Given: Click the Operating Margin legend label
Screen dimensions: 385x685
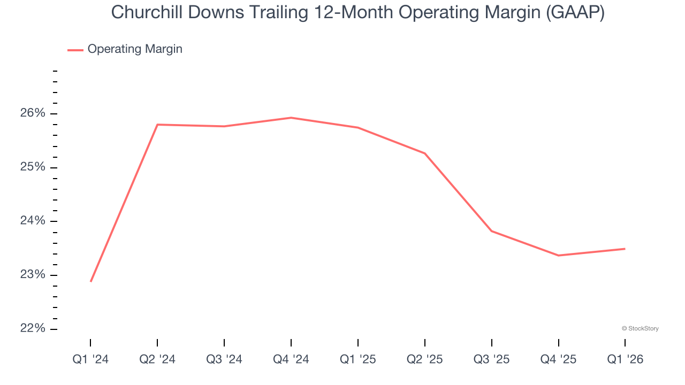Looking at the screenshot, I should click(x=135, y=49).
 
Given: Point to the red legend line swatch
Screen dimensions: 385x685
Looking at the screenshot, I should click(x=75, y=50).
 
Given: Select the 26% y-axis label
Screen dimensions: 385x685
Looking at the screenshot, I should click(x=33, y=113).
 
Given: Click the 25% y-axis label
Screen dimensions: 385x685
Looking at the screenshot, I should click(x=33, y=167).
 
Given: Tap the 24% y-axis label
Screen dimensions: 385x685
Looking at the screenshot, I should click(x=33, y=221).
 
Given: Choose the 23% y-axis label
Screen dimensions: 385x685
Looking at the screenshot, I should click(x=33, y=275).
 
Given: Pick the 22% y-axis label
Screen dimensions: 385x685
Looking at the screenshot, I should click(x=33, y=328).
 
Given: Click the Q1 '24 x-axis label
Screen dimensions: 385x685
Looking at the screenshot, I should click(x=90, y=360).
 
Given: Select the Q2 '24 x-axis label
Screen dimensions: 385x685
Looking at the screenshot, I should click(x=157, y=360).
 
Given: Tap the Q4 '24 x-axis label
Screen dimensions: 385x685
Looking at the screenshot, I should click(x=291, y=360).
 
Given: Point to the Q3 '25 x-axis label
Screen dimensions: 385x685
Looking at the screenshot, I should click(x=492, y=360).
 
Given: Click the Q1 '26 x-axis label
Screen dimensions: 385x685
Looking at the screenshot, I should click(x=625, y=360).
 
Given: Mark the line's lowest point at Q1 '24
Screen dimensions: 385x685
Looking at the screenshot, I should click(x=91, y=281).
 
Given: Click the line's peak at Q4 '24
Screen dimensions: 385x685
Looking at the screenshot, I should click(x=291, y=118).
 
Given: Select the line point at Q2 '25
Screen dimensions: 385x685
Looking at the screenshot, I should click(x=425, y=153).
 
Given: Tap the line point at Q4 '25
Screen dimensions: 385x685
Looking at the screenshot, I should click(x=559, y=256).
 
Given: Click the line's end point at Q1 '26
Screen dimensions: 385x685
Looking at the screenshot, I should click(x=625, y=249).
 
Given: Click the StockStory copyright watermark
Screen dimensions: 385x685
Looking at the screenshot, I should click(x=640, y=328).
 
